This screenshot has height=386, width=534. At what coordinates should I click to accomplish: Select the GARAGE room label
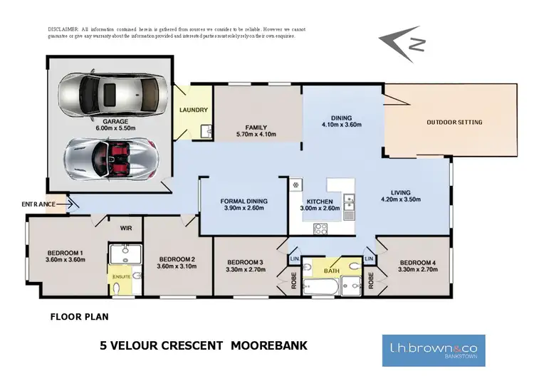(x=115, y=122)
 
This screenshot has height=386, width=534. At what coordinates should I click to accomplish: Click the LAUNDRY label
(x=194, y=110)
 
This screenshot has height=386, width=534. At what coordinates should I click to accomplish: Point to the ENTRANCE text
(x=38, y=204)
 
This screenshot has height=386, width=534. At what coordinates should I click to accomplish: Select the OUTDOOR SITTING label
(x=454, y=122)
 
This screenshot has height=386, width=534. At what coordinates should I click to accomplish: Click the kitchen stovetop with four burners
(x=320, y=229)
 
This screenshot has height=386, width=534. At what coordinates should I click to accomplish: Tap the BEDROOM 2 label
(x=177, y=259)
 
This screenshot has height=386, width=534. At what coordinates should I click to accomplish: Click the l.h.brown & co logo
(x=433, y=350)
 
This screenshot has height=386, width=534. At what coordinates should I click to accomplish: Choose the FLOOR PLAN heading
(x=79, y=315)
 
